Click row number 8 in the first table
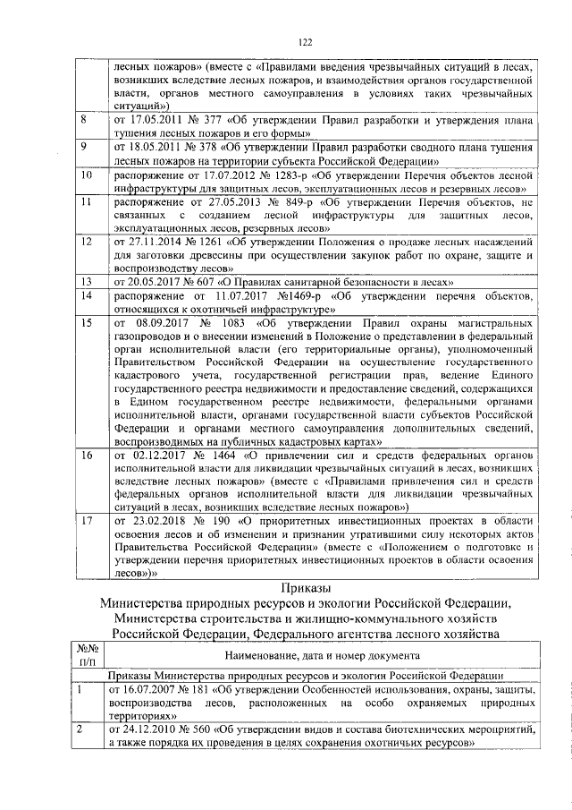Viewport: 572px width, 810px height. (x=84, y=118)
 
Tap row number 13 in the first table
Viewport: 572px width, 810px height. (x=87, y=280)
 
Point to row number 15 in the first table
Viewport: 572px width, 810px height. (x=87, y=320)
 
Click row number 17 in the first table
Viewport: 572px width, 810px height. (x=87, y=518)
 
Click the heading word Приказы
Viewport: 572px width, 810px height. (x=304, y=587)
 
